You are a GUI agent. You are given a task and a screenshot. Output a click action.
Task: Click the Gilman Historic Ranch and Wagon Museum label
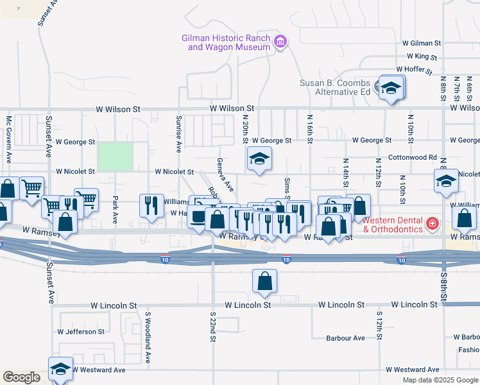pos(228,42)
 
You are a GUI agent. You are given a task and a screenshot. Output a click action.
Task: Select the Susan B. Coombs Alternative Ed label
pos(336,87)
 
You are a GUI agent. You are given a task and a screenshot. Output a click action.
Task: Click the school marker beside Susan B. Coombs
pos(390,89)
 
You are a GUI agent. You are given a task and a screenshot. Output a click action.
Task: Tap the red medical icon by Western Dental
pos(433,224)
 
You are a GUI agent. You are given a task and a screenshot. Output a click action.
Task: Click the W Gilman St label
pos(422,43)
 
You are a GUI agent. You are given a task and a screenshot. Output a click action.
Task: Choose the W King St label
pos(422,56)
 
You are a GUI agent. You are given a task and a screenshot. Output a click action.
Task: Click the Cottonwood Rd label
pos(413,157)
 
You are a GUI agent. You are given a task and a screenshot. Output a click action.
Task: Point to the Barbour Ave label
pos(345,338)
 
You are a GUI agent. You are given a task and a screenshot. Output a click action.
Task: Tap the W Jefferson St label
pos(81,332)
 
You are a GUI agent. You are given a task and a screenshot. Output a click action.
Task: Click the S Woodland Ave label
pos(147,338)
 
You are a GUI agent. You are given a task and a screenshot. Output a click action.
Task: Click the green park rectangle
pos(115,157)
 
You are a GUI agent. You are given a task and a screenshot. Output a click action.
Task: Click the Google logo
pos(21,377)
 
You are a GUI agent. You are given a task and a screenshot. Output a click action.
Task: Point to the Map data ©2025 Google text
pos(440,380)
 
